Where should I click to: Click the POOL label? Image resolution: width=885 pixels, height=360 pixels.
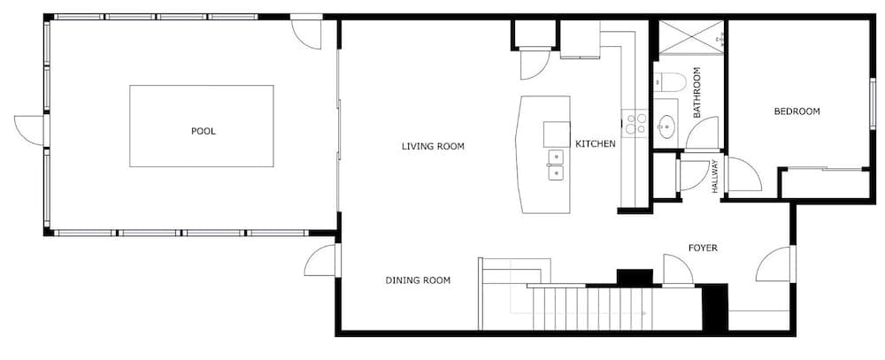pyautogui.click(x=204, y=132)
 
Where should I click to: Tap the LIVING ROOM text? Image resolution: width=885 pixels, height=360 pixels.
pyautogui.click(x=433, y=147)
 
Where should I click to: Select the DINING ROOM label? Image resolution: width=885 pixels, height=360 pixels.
pyautogui.click(x=418, y=280)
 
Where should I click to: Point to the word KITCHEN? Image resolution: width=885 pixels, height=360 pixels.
pyautogui.click(x=596, y=144)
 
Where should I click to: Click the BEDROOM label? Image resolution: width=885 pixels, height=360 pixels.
pyautogui.click(x=796, y=111)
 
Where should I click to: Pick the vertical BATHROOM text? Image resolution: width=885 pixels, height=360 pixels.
pyautogui.click(x=696, y=93)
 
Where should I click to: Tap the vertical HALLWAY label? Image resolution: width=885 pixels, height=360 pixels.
pyautogui.click(x=715, y=177)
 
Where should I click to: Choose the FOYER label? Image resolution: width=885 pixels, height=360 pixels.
pyautogui.click(x=703, y=248)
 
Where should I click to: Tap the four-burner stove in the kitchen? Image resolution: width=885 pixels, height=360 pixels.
pyautogui.click(x=635, y=124)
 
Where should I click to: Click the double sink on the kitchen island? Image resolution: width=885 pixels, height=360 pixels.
pyautogui.click(x=556, y=165)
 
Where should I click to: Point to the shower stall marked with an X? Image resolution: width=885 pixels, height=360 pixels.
pyautogui.click(x=691, y=37)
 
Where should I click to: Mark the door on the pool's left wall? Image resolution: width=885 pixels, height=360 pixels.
pyautogui.click(x=29, y=130)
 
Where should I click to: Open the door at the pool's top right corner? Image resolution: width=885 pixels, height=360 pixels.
pyautogui.click(x=306, y=34)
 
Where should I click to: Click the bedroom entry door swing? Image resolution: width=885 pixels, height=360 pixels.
pyautogui.click(x=743, y=174)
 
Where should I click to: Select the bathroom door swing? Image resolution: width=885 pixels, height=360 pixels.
pyautogui.click(x=702, y=134)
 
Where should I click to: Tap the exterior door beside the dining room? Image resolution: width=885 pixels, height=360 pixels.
pyautogui.click(x=321, y=261)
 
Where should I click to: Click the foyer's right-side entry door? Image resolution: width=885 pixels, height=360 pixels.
pyautogui.click(x=775, y=264)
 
